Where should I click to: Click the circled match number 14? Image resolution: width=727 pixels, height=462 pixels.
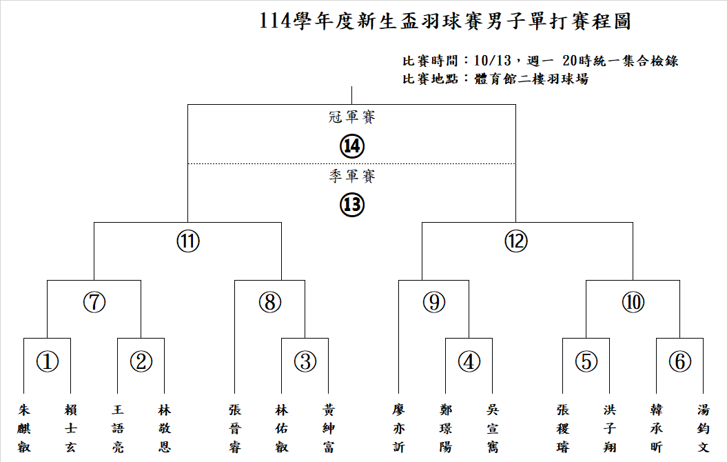click(x=352, y=146)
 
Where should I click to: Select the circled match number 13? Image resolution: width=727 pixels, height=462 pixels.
click(x=352, y=205)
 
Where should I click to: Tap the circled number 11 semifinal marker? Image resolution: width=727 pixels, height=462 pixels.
click(x=188, y=241)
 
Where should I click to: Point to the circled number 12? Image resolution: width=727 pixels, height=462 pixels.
click(x=516, y=241)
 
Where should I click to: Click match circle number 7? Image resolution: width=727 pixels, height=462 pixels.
click(x=94, y=302)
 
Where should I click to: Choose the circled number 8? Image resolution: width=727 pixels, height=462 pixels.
click(x=270, y=302)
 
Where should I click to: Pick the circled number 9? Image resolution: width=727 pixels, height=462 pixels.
click(x=434, y=302)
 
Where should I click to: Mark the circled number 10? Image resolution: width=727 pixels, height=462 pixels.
click(x=633, y=302)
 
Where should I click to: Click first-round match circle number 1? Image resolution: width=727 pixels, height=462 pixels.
click(x=48, y=361)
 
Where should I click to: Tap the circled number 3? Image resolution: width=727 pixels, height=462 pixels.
click(x=305, y=361)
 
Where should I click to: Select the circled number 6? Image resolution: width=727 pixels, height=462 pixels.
click(x=680, y=361)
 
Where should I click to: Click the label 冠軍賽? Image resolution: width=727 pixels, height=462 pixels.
click(x=352, y=117)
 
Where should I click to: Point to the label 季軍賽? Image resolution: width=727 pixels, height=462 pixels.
click(x=352, y=176)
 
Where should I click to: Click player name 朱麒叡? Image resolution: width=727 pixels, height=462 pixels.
click(x=24, y=428)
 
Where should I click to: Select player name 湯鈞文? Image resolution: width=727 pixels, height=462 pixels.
click(x=704, y=428)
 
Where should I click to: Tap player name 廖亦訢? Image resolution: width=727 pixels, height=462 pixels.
click(x=399, y=428)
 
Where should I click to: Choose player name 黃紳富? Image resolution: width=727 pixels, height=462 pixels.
click(x=329, y=428)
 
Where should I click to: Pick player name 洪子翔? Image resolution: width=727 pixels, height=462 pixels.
click(x=610, y=428)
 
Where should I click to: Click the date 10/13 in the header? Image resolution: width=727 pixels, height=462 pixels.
click(x=493, y=61)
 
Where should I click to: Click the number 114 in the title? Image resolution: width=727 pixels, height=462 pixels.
click(x=276, y=21)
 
